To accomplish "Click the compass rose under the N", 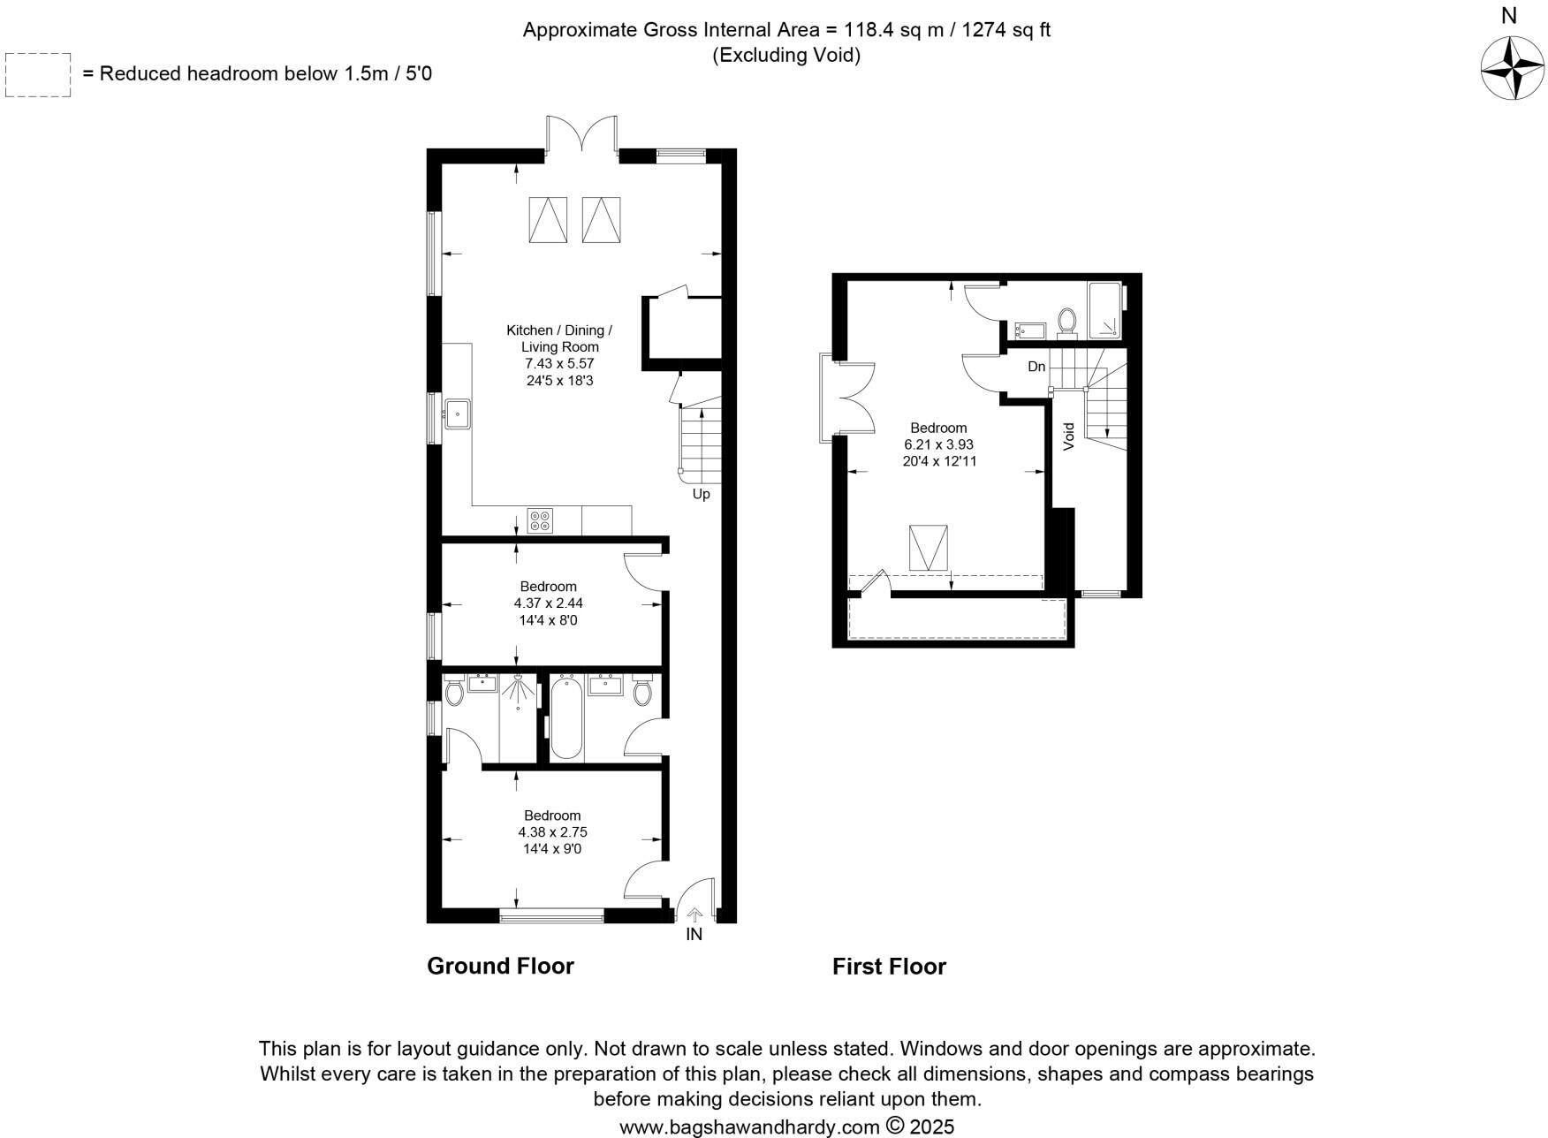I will (x=1512, y=68).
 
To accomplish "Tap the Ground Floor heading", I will (x=500, y=966).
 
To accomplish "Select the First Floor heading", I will (x=889, y=967).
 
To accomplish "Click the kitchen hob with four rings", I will (x=540, y=520).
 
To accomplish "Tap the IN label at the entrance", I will (x=694, y=934).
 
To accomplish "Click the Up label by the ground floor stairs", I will (x=701, y=494).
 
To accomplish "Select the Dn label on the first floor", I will (x=1036, y=367).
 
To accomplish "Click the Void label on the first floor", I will (x=1069, y=436).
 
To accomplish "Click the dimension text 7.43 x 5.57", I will (x=559, y=363).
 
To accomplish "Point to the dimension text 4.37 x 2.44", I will (x=548, y=603).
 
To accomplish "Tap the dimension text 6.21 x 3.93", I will (x=938, y=444).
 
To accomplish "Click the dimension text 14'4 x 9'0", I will (x=552, y=849).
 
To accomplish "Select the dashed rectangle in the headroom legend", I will (x=37, y=74).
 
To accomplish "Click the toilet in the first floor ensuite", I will (x=1066, y=322).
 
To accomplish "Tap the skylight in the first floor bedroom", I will (x=929, y=548).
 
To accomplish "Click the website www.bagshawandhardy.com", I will (x=749, y=1127).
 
